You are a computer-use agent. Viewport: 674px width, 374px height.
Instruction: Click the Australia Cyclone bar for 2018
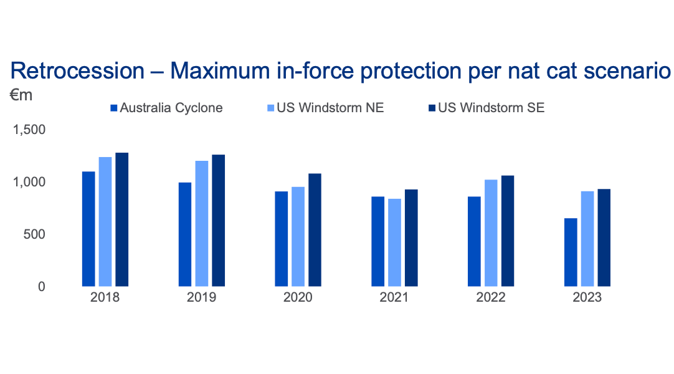pyautogui.click(x=88, y=229)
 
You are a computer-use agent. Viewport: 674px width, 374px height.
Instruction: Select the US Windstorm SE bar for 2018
pyautogui.click(x=121, y=219)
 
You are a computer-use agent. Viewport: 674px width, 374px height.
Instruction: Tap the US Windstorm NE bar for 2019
pyautogui.click(x=201, y=223)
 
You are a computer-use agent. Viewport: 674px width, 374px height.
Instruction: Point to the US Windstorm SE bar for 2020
pyautogui.click(x=315, y=230)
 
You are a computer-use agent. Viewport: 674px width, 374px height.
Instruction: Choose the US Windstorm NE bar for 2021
pyautogui.click(x=394, y=242)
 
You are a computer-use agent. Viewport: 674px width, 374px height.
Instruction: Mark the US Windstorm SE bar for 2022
pyautogui.click(x=508, y=231)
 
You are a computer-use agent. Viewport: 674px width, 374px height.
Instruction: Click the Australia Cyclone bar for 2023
pyautogui.click(x=571, y=252)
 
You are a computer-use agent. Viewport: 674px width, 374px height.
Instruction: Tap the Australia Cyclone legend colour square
pyautogui.click(x=114, y=108)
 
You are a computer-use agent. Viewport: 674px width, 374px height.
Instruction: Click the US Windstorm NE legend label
pyautogui.click(x=330, y=108)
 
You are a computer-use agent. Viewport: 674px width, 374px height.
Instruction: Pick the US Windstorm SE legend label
pyautogui.click(x=491, y=108)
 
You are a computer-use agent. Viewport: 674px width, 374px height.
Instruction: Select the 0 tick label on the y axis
pyautogui.click(x=42, y=287)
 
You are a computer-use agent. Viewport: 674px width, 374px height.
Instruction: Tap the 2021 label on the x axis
pyautogui.click(x=394, y=298)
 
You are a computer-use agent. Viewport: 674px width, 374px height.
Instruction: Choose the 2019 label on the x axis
pyautogui.click(x=201, y=298)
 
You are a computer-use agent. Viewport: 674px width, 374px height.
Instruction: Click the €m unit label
pyautogui.click(x=21, y=95)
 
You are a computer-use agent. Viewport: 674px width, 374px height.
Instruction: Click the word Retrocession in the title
pyautogui.click(x=77, y=71)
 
